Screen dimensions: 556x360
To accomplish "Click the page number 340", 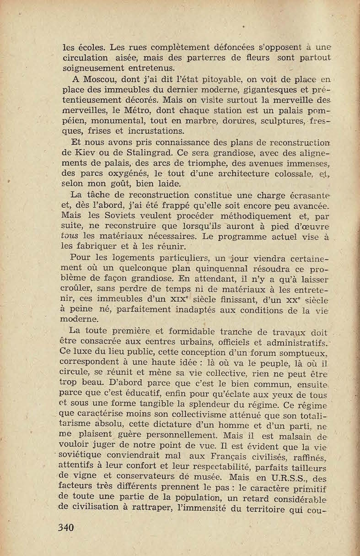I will [66, 528].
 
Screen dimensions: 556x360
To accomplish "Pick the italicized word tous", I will [68, 237].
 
